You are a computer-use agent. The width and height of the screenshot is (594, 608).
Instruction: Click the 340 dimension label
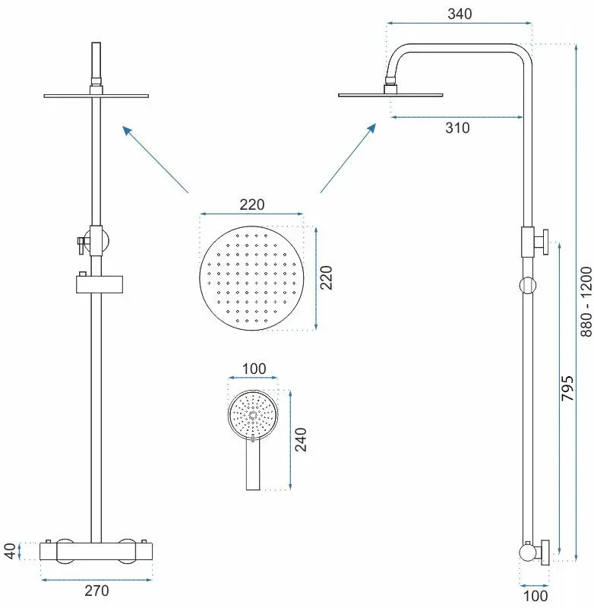tap(460, 14)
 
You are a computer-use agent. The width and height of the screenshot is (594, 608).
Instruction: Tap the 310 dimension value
tap(457, 128)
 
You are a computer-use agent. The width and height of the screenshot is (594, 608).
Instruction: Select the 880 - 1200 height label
tap(586, 301)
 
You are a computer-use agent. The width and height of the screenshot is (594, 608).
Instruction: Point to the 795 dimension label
tap(567, 388)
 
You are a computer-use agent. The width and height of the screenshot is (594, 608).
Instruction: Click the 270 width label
tap(96, 591)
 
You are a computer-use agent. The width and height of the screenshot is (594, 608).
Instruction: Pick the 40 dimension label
tap(11, 551)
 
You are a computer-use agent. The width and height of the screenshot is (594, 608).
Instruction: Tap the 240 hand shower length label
tap(301, 440)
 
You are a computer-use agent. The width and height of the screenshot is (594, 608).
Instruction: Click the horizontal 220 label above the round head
tap(252, 204)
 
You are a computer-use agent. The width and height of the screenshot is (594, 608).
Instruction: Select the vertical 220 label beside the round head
tap(327, 277)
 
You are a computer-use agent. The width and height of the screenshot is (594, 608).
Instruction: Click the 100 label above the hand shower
tap(254, 369)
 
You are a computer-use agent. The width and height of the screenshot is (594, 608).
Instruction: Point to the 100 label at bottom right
tap(535, 596)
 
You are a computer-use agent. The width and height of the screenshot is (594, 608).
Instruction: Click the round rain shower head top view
tap(251, 278)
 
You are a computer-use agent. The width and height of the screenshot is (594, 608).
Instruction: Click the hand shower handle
tap(253, 465)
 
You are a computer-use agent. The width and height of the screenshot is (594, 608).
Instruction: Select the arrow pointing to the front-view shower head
tap(156, 160)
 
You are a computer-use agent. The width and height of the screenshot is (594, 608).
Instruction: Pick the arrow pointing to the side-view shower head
tap(348, 158)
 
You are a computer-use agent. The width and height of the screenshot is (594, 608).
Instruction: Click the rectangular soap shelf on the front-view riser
tap(100, 283)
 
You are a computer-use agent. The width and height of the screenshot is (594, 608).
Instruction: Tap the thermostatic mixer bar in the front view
tap(96, 551)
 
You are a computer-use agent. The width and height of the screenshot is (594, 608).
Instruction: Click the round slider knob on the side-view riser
tap(527, 285)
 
